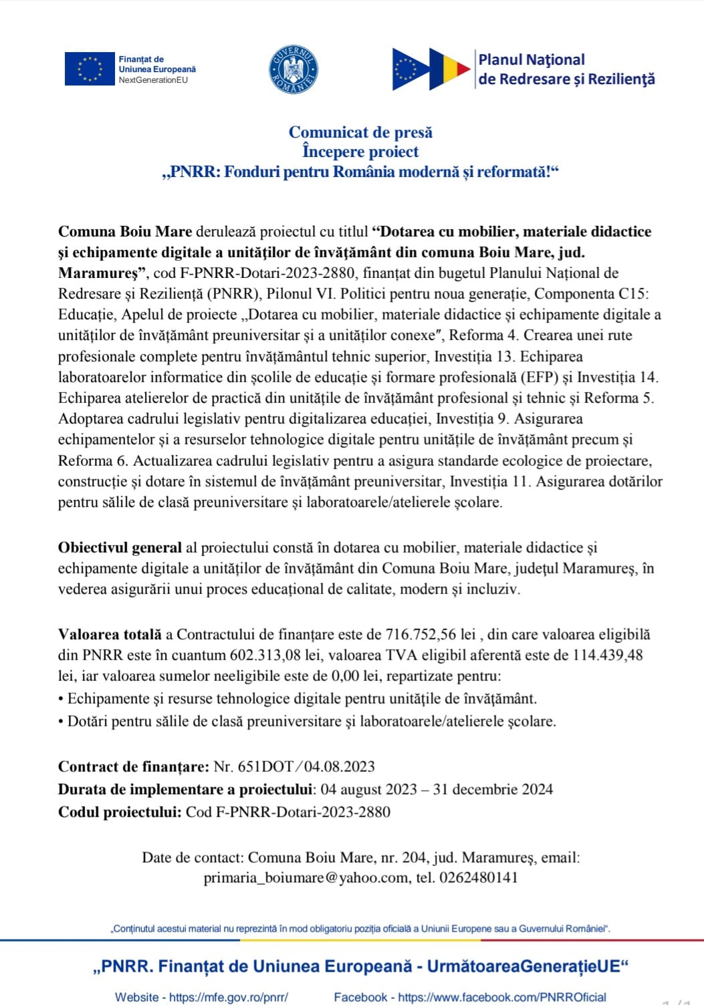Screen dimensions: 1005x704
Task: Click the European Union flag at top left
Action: pyautogui.click(x=90, y=68)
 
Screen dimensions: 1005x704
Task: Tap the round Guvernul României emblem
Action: pyautogui.click(x=293, y=69)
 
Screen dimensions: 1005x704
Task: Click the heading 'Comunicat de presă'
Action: pyautogui.click(x=360, y=132)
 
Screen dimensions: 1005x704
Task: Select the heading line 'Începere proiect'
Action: pyautogui.click(x=360, y=152)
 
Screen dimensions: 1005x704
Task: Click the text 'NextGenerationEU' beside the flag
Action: pyautogui.click(x=153, y=80)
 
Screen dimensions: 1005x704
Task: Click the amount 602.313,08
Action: pyautogui.click(x=265, y=656)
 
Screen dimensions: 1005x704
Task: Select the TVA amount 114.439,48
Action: pyautogui.click(x=608, y=656)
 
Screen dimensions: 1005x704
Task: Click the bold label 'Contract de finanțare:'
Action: pyautogui.click(x=134, y=766)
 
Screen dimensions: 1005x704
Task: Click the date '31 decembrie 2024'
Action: pyautogui.click(x=493, y=789)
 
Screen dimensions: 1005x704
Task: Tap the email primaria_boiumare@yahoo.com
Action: pyautogui.click(x=306, y=878)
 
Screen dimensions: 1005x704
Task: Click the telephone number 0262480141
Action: pyautogui.click(x=478, y=878)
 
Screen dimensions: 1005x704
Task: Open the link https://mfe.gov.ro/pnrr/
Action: pyautogui.click(x=228, y=997)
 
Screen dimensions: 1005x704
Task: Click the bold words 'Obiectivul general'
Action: pyautogui.click(x=120, y=548)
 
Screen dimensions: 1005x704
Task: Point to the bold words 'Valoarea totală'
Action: pyautogui.click(x=110, y=635)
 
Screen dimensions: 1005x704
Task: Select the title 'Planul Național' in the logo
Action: pyautogui.click(x=532, y=59)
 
